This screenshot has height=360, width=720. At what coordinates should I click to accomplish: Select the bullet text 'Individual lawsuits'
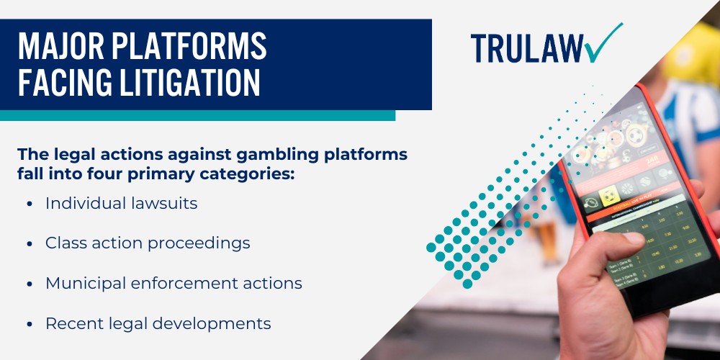point(121,204)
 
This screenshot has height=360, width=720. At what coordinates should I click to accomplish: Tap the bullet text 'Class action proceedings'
point(148,243)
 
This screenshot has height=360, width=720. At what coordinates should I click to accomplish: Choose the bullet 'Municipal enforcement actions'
point(174,284)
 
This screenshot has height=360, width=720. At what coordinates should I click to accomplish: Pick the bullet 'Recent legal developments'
point(158,324)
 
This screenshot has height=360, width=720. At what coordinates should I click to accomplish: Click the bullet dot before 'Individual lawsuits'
point(29,204)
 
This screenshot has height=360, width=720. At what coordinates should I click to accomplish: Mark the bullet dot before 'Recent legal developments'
point(29,325)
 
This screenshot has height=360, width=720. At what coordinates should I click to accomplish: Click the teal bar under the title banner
point(197,115)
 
